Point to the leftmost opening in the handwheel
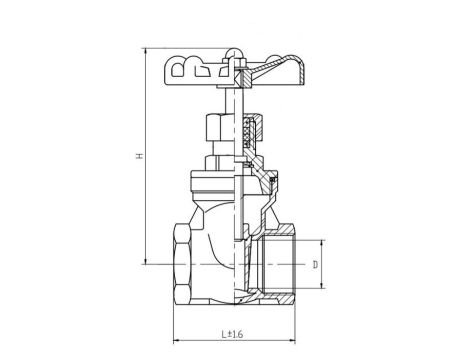pos(176,70)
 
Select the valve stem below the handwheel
pos(233,105)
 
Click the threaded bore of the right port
pos(283,263)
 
